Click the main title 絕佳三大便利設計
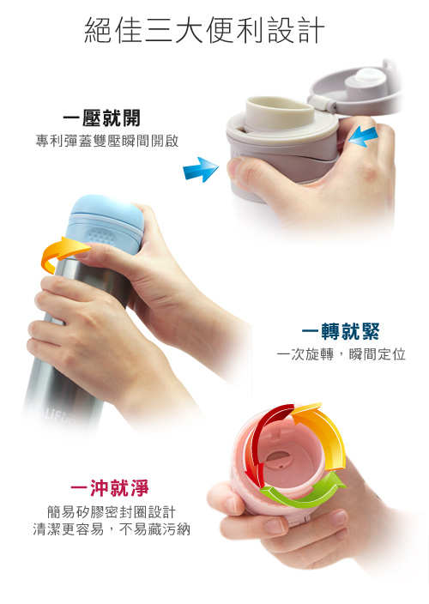[204, 30]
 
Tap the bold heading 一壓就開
[101, 118]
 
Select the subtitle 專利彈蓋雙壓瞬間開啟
[107, 141]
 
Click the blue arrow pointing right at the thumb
[201, 170]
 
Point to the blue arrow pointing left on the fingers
[363, 136]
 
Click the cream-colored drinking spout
[279, 112]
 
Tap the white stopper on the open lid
[366, 82]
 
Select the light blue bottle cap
[104, 225]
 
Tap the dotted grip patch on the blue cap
[101, 234]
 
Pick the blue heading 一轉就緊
[341, 332]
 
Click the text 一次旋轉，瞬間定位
[341, 354]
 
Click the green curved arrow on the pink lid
[305, 491]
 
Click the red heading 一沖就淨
[110, 488]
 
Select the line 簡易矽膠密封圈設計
[112, 512]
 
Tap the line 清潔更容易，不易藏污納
[112, 529]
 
